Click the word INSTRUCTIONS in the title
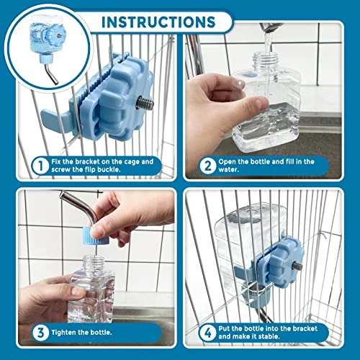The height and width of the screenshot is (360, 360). (158, 22)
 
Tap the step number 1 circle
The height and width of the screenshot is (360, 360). (41, 166)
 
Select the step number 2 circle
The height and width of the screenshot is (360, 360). (208, 166)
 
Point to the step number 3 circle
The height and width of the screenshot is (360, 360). (41, 333)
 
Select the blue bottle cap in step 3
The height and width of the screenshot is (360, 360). (96, 236)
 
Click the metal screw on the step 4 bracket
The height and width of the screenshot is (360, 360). (297, 266)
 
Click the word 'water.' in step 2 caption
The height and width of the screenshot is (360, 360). (228, 170)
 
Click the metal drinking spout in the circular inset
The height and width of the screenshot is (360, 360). (51, 73)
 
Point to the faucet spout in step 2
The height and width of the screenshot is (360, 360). (271, 27)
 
